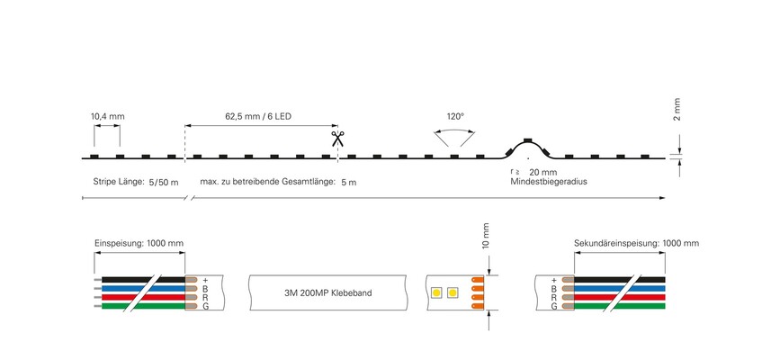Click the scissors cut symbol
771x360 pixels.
(337, 139)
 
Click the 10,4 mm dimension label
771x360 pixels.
(108, 117)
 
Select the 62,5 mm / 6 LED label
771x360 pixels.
(258, 117)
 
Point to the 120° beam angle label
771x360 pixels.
(455, 117)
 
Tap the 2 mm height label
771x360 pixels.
(677, 109)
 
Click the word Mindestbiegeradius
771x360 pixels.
(549, 182)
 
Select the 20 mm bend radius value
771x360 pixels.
(543, 172)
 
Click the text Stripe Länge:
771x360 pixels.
(119, 182)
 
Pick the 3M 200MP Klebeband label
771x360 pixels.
(328, 293)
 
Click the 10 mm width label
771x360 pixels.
(486, 236)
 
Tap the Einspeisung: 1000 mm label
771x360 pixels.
(139, 243)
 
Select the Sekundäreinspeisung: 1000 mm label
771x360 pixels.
(636, 243)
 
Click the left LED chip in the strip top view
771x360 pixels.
(435, 293)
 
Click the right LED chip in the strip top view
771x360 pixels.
(453, 293)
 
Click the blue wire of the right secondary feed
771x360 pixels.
(620, 288)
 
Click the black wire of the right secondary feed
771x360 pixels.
(620, 279)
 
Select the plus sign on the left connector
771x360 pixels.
(205, 280)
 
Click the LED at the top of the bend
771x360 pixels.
(527, 140)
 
